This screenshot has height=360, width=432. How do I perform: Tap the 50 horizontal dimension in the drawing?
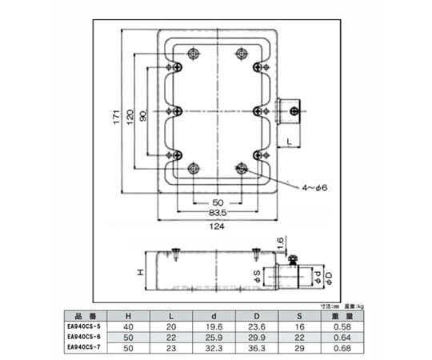(x=218, y=202)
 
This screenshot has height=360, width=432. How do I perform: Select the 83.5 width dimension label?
(x=218, y=214)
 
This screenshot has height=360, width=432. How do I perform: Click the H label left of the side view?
(x=141, y=274)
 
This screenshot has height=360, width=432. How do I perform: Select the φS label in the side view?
(x=256, y=278)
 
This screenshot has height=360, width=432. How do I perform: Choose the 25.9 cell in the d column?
(x=214, y=337)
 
